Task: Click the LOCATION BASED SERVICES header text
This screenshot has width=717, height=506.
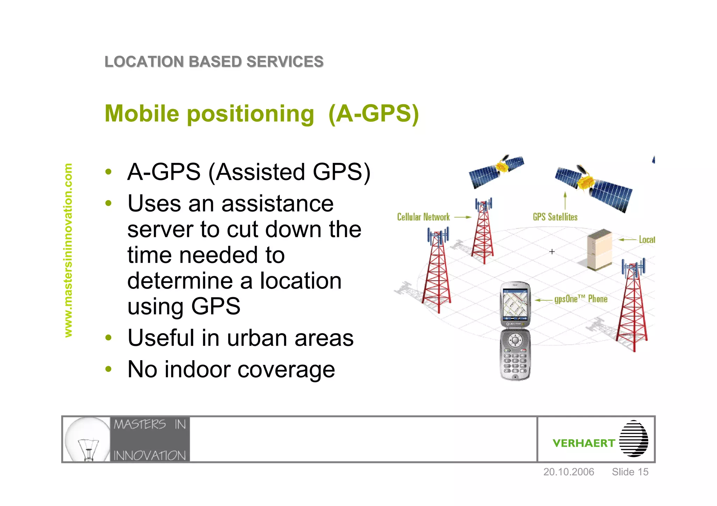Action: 214,62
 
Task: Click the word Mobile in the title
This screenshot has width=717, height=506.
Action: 142,114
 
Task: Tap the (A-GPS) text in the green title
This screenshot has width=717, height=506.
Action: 374,114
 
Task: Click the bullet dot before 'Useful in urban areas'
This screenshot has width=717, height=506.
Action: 109,338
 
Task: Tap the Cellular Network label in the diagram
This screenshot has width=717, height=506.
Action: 423,217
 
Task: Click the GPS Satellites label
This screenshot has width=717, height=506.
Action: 555,217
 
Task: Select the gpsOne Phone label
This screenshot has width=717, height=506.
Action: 581,299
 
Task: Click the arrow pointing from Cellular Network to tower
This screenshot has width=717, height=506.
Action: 462,217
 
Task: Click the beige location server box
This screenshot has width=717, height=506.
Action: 599,250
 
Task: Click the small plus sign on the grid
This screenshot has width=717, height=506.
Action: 552,251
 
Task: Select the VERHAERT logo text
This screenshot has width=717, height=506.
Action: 584,443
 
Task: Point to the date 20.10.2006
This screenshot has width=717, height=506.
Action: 569,472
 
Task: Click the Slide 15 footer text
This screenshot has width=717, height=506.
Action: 630,472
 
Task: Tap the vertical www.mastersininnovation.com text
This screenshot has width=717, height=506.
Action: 68,250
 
